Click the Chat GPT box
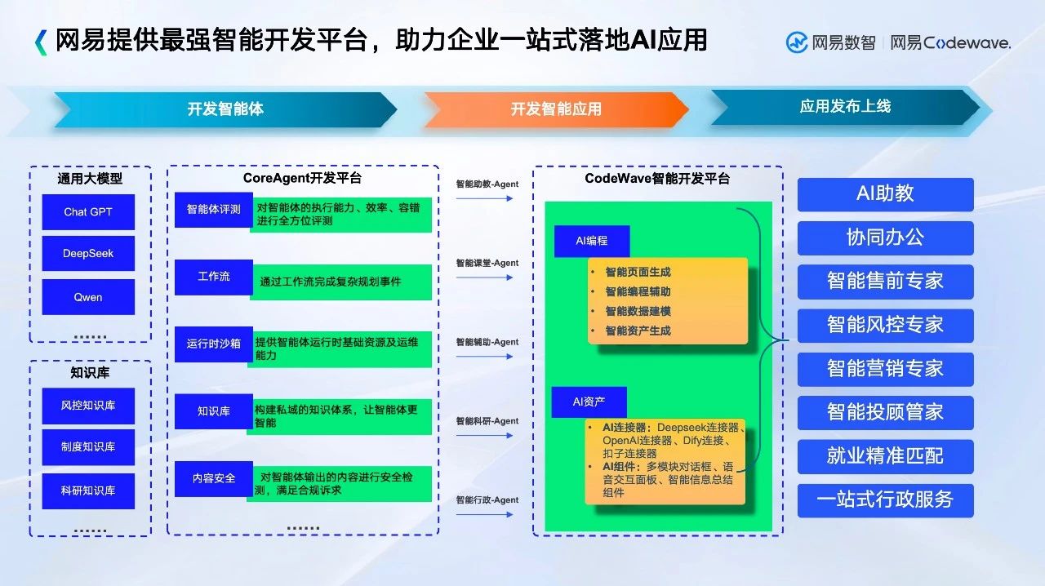(88, 212)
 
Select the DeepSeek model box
(88, 253)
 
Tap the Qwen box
(88, 297)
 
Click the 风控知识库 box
(88, 406)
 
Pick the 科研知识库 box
(88, 491)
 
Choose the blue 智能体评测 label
(214, 210)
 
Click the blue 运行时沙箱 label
(214, 344)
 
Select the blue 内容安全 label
(214, 479)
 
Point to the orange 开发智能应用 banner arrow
(556, 109)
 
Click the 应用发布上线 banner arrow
(845, 107)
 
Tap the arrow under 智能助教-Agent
(485, 198)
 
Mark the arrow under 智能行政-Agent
(485, 515)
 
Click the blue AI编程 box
(592, 241)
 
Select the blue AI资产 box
(589, 402)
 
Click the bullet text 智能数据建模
(638, 311)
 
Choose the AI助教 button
(886, 194)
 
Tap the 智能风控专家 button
(886, 325)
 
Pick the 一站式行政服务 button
(886, 500)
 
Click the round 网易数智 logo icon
(797, 43)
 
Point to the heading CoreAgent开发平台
(302, 178)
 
